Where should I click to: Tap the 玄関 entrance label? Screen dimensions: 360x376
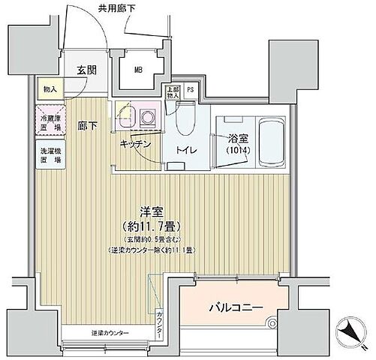(86, 71)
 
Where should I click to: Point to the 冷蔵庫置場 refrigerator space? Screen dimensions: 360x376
(50, 121)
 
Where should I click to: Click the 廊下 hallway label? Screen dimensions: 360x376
(88, 126)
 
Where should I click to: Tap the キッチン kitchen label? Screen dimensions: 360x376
(136, 143)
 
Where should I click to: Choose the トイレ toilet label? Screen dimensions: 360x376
(187, 150)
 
